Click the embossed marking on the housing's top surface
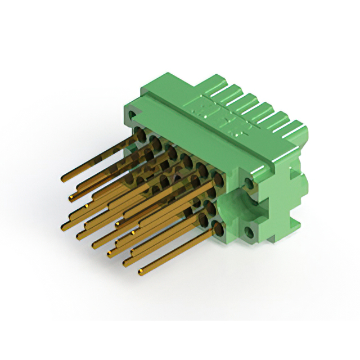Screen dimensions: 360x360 [202, 110]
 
